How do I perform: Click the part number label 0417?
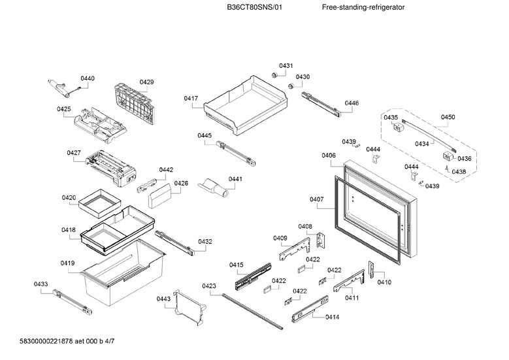pos(191,99)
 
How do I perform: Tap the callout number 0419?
pos(67,263)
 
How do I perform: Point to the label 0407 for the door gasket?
pos(316,199)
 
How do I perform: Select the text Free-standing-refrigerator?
pos(363,7)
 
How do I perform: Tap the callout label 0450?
pos(448,117)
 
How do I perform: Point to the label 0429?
pos(146,82)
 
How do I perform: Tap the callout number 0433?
pos(41,284)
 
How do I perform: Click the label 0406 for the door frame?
pos(329,155)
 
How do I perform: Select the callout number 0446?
pos(352,103)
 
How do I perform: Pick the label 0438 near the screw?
pos(459,171)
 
